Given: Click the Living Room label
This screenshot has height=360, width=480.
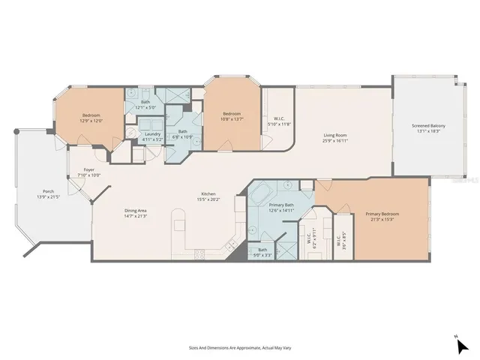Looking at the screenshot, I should (x=334, y=136).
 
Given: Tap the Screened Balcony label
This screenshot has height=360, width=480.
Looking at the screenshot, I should (x=428, y=125).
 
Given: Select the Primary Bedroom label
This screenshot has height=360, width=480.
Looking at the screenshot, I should (x=382, y=214).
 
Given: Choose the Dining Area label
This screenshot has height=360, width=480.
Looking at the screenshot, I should (x=136, y=211).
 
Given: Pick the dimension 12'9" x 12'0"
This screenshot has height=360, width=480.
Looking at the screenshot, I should (x=91, y=120).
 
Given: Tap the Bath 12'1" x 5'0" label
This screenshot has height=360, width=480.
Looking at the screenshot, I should (x=145, y=105).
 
